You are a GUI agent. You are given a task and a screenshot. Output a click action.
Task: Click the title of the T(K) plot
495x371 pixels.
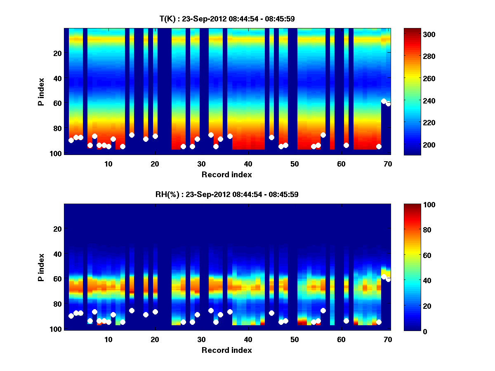tap(227, 19)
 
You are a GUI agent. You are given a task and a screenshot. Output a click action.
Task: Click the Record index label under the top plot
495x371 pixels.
tap(227, 174)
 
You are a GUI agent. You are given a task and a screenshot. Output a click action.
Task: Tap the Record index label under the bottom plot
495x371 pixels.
tap(227, 350)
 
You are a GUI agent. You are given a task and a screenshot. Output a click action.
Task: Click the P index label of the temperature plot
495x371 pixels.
tap(41, 92)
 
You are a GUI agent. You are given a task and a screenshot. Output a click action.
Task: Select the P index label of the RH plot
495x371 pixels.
tap(41, 267)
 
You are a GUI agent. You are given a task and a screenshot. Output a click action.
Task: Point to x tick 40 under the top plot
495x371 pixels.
tap(248, 163)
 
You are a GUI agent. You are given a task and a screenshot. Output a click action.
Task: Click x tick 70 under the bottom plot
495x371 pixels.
tap(388, 339)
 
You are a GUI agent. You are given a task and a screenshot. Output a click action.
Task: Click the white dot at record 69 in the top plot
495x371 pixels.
tap(384, 101)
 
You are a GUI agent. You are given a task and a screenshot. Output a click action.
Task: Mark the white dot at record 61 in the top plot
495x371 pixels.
tap(346, 145)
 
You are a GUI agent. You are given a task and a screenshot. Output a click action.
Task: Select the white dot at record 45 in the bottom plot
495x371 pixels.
tap(271, 313)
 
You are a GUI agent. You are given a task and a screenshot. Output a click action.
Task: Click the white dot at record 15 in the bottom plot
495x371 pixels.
tap(132, 310)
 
